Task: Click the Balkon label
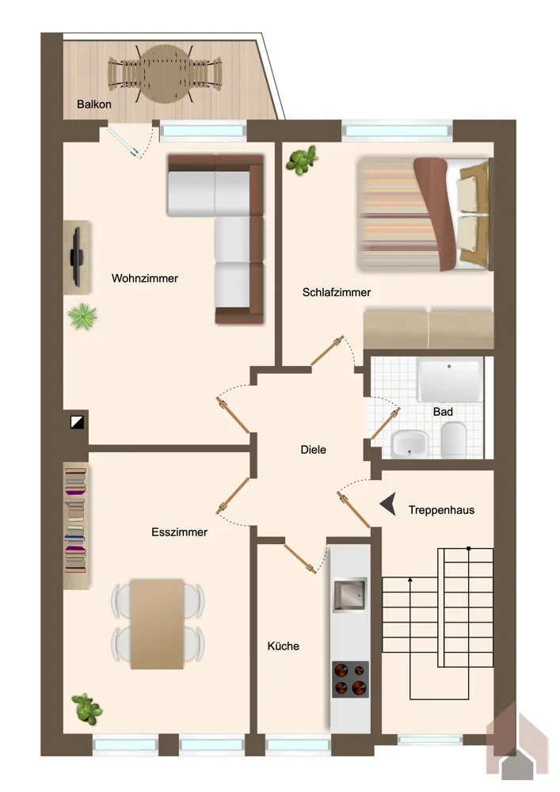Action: [x=94, y=105]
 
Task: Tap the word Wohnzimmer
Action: [x=144, y=278]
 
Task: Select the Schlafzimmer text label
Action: [x=337, y=292]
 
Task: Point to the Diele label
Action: [x=313, y=450]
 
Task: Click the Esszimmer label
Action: [x=179, y=532]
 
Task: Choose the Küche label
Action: [x=284, y=646]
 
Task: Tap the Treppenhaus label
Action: [x=441, y=510]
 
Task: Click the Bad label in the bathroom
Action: [x=443, y=412]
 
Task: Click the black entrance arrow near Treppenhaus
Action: [x=388, y=504]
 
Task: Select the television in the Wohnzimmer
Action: [x=76, y=257]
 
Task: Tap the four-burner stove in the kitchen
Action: [x=350, y=680]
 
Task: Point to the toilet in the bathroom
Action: [x=453, y=440]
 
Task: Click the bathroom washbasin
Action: [x=410, y=444]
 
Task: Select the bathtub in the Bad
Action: [x=449, y=380]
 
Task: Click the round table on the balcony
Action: [x=165, y=74]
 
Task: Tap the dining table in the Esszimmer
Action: [x=157, y=624]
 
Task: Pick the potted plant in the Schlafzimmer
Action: [x=302, y=160]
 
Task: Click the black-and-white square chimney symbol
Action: [x=78, y=422]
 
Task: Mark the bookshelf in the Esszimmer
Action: [x=76, y=526]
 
